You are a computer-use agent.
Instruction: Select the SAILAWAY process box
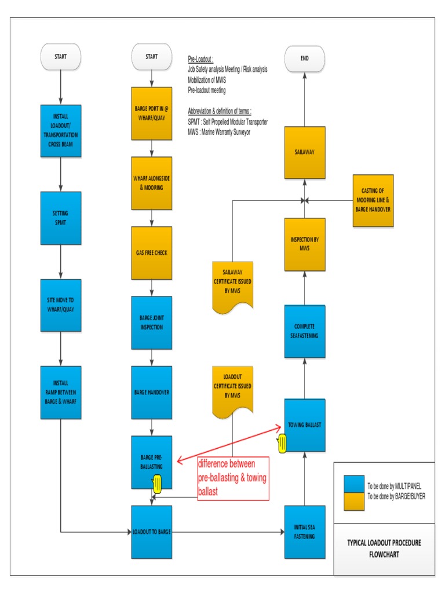(305, 153)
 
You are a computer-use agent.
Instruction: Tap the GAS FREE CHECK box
(152, 253)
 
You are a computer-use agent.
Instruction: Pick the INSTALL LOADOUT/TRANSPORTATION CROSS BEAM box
(61, 130)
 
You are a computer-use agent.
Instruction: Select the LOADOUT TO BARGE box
(152, 532)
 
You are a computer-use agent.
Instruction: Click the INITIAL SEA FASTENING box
(305, 532)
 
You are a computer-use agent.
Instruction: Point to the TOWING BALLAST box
(305, 424)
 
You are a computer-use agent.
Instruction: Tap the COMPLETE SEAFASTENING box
(305, 331)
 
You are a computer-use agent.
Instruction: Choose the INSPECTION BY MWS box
(305, 244)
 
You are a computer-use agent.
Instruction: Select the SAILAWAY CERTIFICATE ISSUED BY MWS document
(232, 284)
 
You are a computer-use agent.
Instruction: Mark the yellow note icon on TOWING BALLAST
(283, 444)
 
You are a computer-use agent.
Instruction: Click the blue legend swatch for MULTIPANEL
(354, 484)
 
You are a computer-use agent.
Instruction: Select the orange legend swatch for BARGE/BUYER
(354, 501)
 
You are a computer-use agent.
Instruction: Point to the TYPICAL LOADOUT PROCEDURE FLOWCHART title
(384, 548)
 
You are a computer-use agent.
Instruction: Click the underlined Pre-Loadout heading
(200, 60)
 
